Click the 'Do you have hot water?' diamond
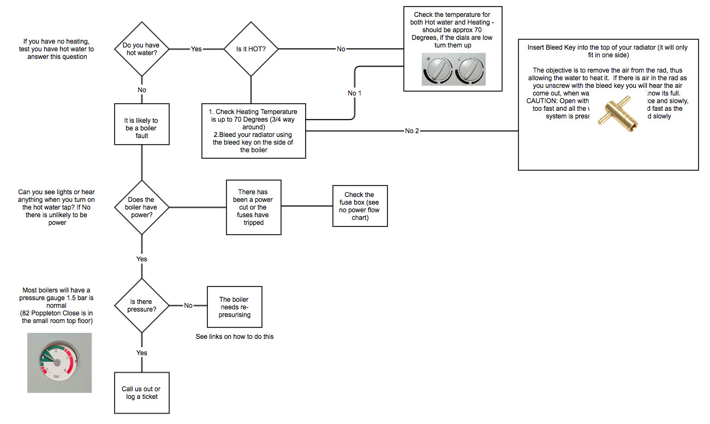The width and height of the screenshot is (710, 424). (x=142, y=49)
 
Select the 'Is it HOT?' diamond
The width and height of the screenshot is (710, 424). (x=251, y=49)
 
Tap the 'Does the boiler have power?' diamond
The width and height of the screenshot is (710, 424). (x=142, y=207)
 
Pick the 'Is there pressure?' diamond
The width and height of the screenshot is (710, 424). (x=142, y=306)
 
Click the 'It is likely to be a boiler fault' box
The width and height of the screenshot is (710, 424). (x=142, y=128)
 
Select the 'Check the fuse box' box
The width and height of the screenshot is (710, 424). (x=360, y=206)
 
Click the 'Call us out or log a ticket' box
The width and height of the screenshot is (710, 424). (x=142, y=393)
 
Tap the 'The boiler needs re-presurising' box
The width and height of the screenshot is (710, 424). (x=234, y=307)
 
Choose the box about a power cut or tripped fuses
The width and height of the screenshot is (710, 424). (x=254, y=207)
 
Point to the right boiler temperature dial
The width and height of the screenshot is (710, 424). (x=470, y=70)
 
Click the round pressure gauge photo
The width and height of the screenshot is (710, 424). (x=59, y=363)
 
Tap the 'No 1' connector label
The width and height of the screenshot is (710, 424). (x=355, y=93)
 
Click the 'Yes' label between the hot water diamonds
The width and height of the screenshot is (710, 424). (x=196, y=49)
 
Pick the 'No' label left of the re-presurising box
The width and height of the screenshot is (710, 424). (x=188, y=306)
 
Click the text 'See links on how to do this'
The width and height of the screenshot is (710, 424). (x=235, y=337)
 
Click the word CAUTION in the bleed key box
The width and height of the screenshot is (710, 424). (x=541, y=101)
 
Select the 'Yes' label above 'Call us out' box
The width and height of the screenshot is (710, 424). (x=142, y=353)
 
